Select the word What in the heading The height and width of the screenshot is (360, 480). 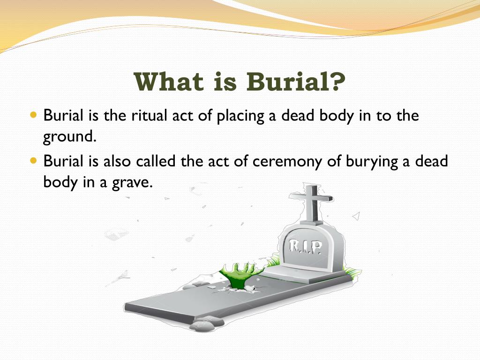click(169, 82)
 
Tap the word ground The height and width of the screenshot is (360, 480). click(70, 137)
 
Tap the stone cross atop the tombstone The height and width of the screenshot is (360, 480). click(312, 203)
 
